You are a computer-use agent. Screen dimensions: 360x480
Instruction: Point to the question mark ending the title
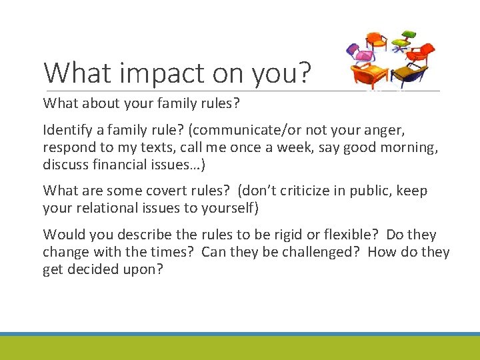(x=305, y=73)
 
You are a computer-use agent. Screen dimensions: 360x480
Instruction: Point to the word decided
(x=86, y=269)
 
